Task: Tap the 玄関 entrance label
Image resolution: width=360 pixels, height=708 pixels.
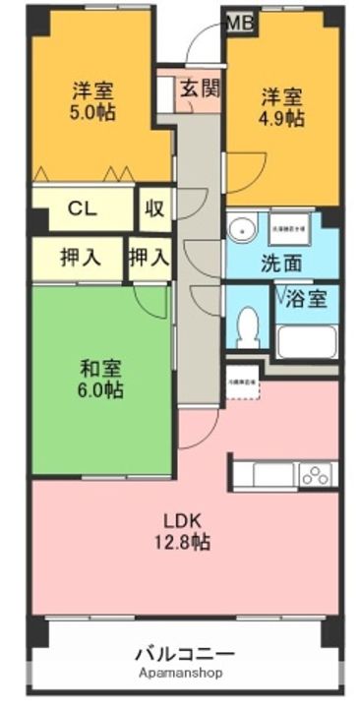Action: (200, 88)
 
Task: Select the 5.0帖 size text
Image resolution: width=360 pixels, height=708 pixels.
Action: (93, 113)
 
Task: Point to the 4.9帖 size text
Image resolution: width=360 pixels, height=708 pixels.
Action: (282, 119)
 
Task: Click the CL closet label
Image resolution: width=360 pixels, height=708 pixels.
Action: (82, 208)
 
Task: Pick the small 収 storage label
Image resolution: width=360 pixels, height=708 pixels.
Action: (154, 208)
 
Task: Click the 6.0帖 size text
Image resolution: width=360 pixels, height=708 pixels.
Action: (100, 390)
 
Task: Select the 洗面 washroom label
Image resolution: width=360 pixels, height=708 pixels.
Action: (281, 264)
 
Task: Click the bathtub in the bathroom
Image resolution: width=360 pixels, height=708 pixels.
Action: (306, 340)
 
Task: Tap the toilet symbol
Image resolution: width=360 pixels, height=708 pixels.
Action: (248, 324)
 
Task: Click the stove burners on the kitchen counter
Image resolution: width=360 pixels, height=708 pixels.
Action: (315, 476)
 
